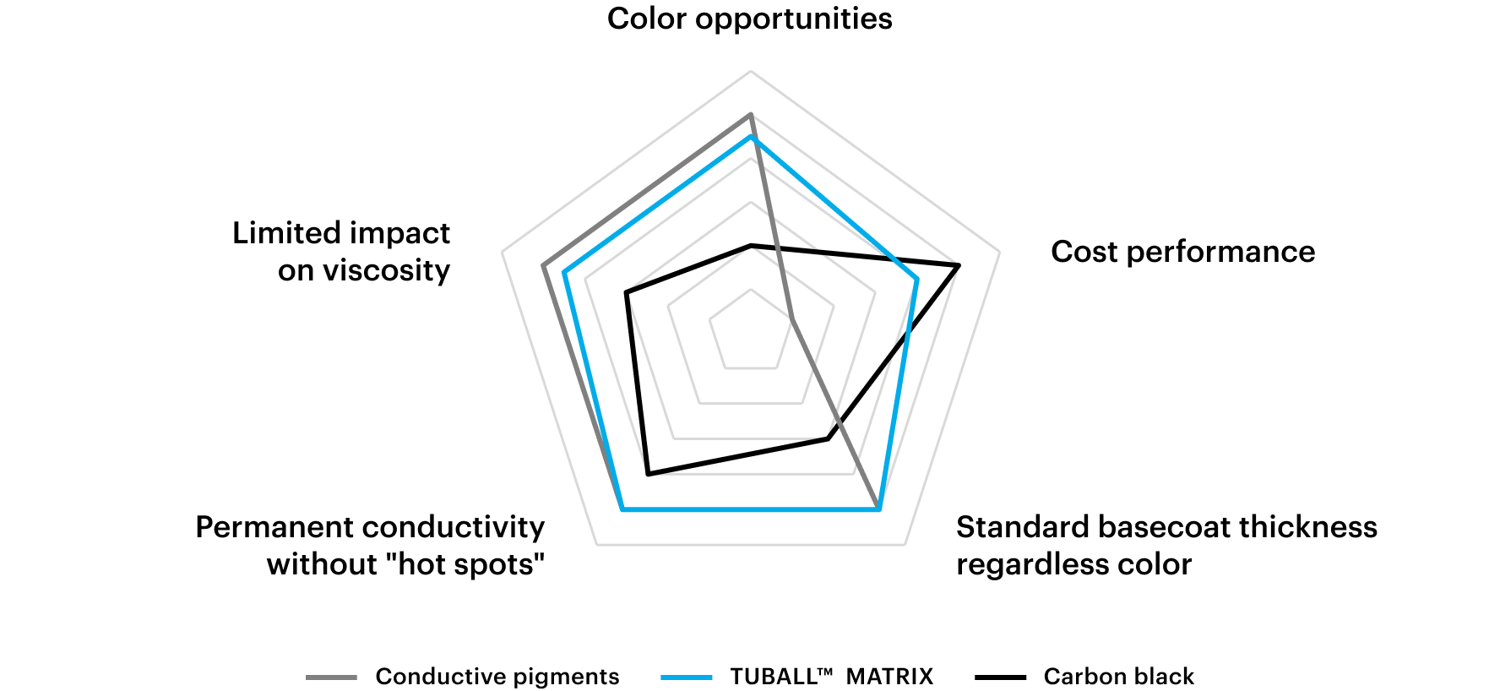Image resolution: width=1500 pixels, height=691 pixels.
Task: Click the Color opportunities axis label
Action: (749, 19)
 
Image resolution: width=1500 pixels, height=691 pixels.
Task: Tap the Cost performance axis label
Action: (1182, 252)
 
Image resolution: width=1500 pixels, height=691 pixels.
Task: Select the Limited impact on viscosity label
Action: (341, 252)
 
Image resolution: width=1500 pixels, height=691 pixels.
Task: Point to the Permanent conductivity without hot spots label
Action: (370, 546)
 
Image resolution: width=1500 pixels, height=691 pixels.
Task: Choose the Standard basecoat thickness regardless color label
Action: (1166, 546)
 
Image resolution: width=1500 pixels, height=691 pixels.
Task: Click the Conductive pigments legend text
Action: (497, 677)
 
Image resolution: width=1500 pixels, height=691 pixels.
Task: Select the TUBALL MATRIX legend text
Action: (832, 677)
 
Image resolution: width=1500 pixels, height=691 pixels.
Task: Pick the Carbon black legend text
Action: (1119, 677)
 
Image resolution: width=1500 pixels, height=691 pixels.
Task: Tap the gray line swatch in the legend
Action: (331, 677)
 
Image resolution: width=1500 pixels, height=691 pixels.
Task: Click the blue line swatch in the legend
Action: (687, 677)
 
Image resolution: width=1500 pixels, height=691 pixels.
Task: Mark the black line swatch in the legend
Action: (1001, 677)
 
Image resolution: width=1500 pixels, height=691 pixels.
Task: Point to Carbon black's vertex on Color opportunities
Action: (750, 245)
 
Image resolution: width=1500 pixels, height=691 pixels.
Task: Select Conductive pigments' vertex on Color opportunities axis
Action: (750, 114)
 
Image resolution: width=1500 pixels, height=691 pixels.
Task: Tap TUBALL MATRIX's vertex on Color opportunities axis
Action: (750, 136)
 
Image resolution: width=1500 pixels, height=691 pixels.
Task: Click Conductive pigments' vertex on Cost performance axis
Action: (792, 319)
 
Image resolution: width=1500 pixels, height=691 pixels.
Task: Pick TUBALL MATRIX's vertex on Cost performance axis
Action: (917, 279)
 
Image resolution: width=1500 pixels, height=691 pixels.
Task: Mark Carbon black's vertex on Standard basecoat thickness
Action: (828, 438)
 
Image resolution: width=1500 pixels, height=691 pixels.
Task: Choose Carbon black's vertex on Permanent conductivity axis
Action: (648, 475)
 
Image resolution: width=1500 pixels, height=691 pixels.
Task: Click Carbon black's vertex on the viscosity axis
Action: (626, 292)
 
